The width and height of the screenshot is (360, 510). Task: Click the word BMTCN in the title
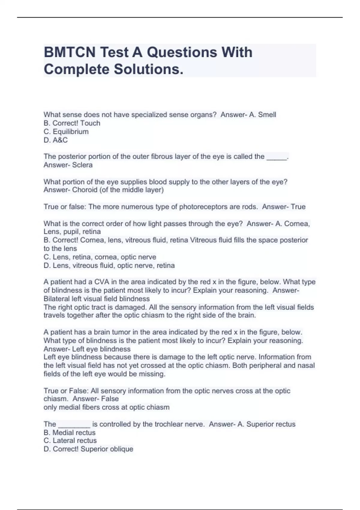69,52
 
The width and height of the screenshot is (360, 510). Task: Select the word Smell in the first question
267,115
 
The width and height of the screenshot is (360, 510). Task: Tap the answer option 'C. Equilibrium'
66,132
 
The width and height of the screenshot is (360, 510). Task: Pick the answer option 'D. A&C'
55,140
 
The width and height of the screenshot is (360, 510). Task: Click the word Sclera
82,165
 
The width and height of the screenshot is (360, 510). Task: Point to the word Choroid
83,190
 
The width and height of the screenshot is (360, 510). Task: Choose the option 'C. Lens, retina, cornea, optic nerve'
100,257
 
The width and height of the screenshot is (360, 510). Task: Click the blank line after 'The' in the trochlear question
74,425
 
